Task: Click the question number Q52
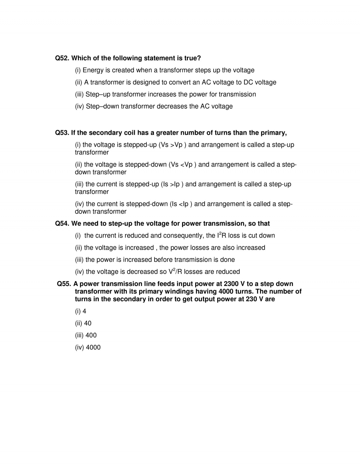click(x=62, y=58)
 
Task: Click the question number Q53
click(x=62, y=133)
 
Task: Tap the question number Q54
click(x=62, y=224)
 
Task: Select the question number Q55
click(x=64, y=284)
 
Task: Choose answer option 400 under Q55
click(x=91, y=335)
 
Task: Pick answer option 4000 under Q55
click(x=93, y=347)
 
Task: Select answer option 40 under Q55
click(x=88, y=323)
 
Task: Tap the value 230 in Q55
click(x=251, y=299)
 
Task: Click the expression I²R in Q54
click(x=221, y=235)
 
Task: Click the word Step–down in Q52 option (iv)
click(x=102, y=106)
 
